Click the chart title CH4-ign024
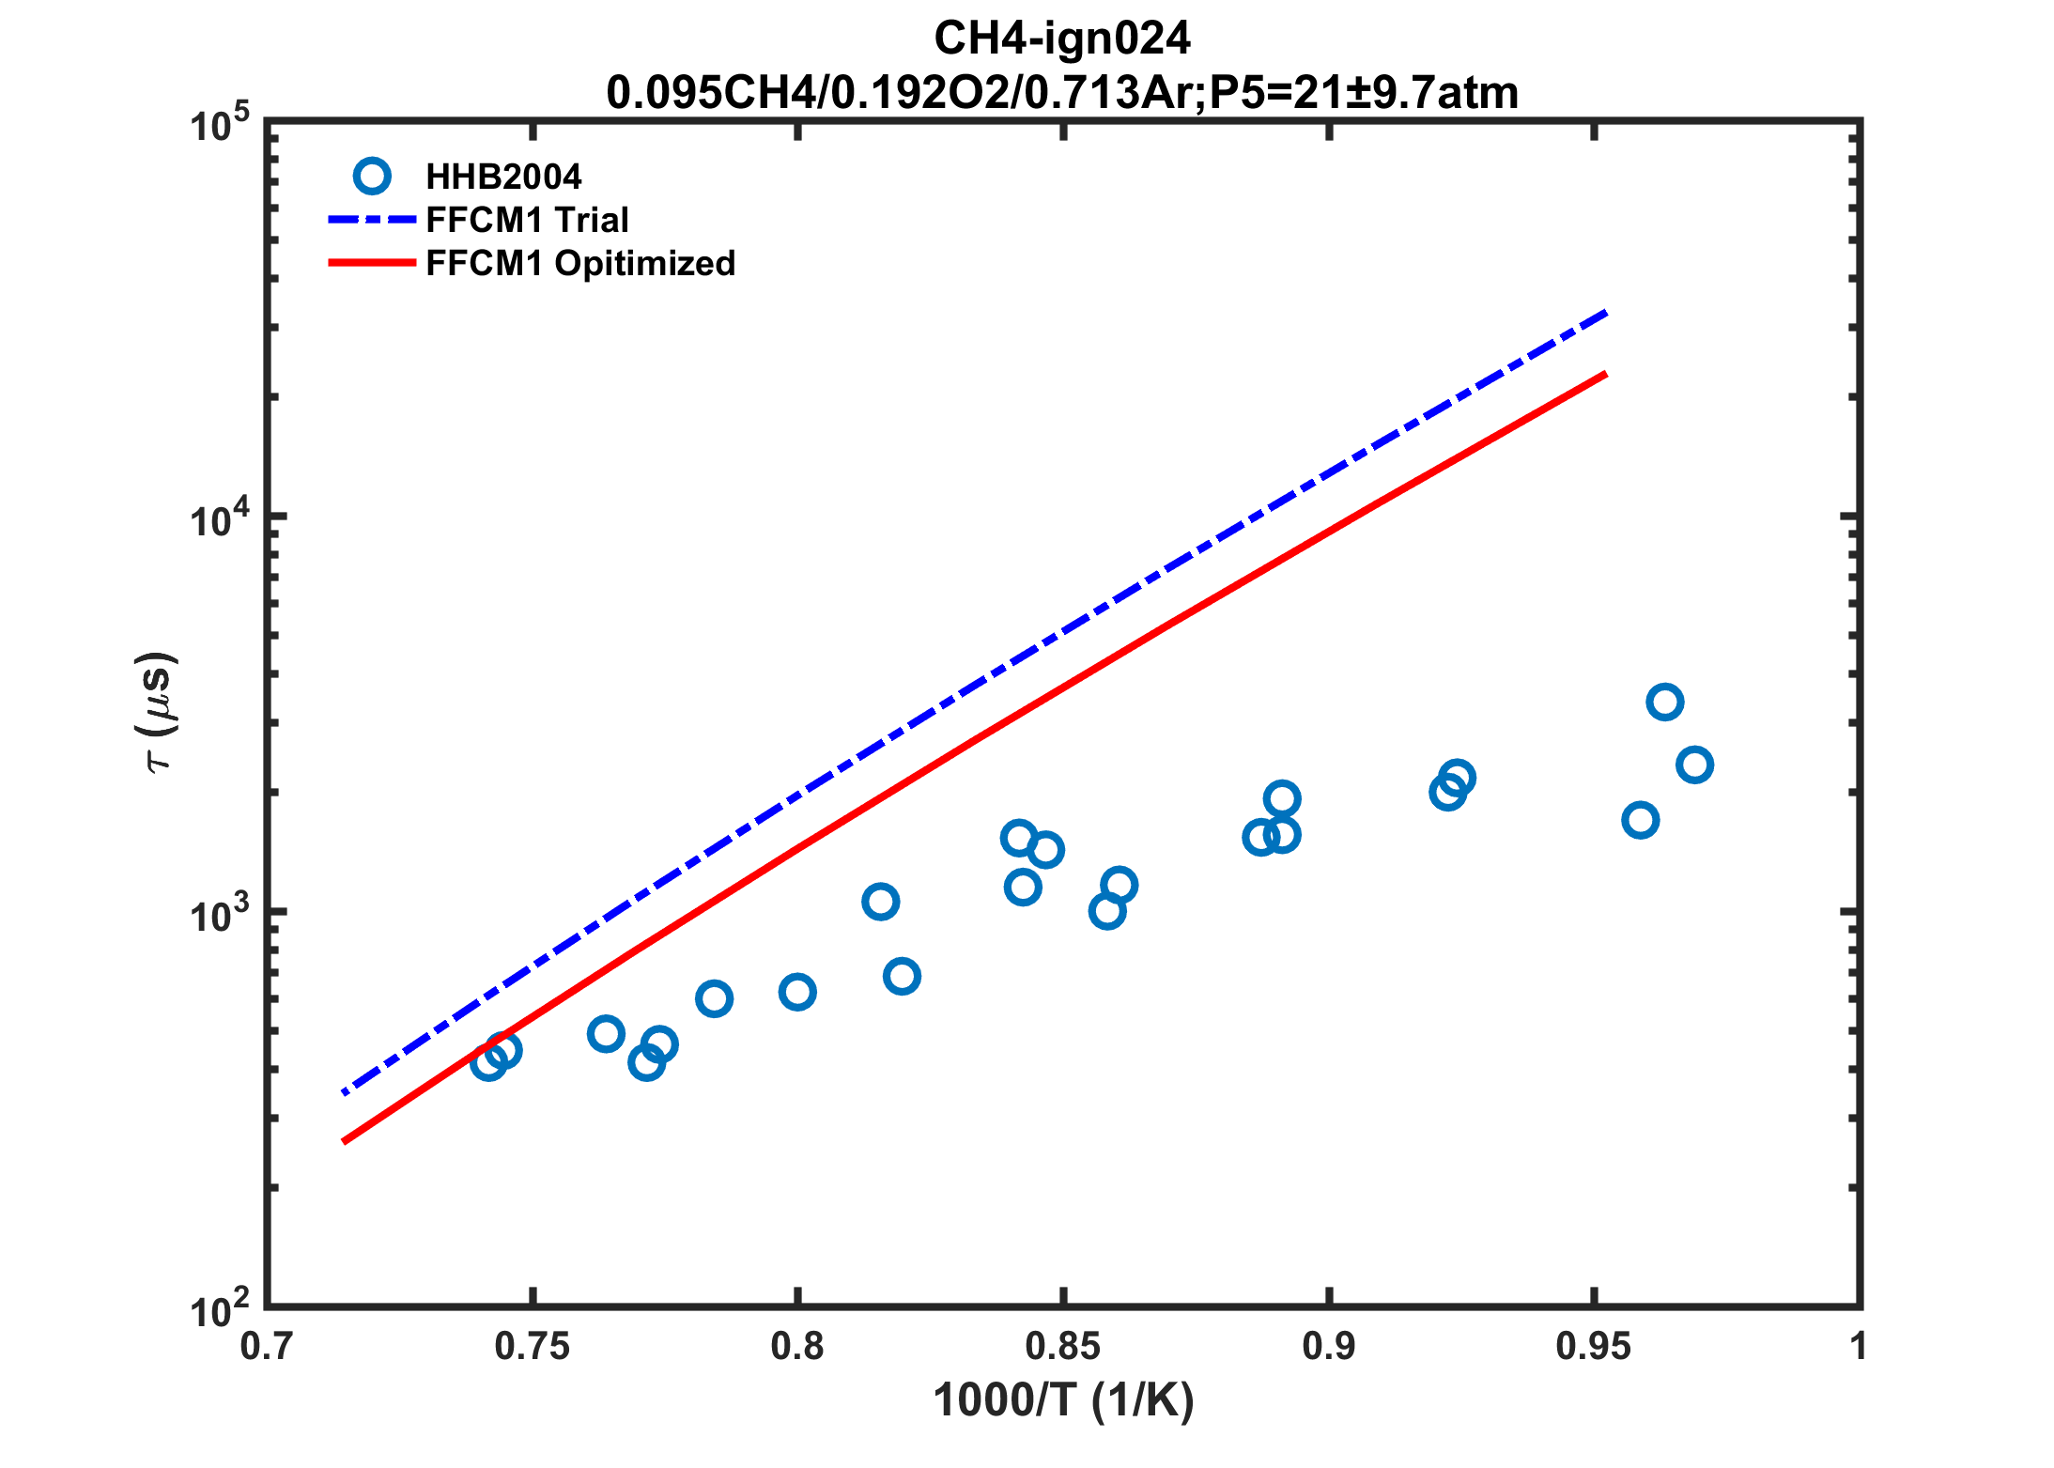click(1061, 39)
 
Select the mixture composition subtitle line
click(1061, 93)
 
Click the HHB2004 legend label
click(503, 177)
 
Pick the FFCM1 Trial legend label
click(527, 220)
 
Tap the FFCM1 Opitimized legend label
click(580, 263)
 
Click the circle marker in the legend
click(372, 176)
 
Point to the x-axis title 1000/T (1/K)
click(1063, 1400)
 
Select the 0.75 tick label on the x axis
click(533, 1347)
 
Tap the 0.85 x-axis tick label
click(1063, 1347)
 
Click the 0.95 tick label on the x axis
click(1594, 1347)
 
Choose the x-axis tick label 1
click(1858, 1347)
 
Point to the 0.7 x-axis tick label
click(267, 1347)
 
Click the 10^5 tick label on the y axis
click(220, 125)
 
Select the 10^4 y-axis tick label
click(220, 519)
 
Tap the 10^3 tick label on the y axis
click(220, 915)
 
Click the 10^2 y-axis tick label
click(220, 1309)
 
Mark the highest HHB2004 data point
click(1664, 702)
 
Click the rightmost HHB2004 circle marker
click(1694, 765)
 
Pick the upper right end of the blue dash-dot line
click(1606, 312)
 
